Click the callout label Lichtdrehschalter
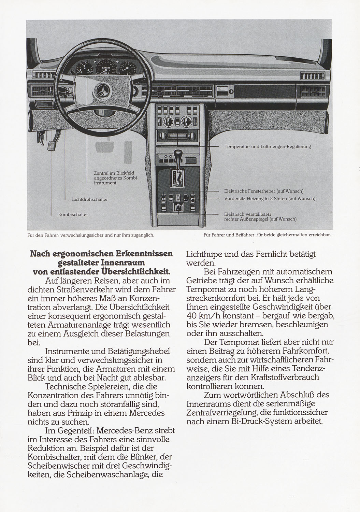click(90, 199)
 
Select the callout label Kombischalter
click(73, 215)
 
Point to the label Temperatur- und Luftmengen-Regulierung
click(268, 147)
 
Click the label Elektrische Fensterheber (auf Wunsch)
click(263, 191)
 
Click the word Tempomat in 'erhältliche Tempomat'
click(205, 289)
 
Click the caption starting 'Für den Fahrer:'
click(91, 235)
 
